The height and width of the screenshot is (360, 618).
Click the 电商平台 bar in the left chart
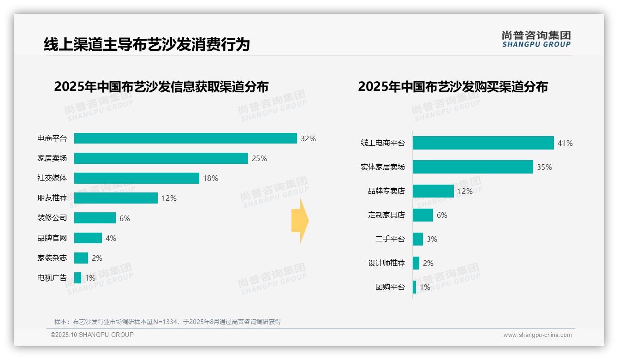point(185,138)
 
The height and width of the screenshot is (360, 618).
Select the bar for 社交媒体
point(137,178)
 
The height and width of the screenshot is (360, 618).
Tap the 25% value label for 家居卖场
point(259,158)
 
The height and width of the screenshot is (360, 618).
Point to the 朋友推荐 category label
point(52,198)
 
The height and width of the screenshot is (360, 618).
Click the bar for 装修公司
point(95,218)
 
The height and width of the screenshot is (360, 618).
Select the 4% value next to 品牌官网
point(111,238)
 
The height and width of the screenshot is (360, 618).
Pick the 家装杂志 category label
point(52,258)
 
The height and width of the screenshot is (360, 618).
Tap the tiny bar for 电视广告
point(77,278)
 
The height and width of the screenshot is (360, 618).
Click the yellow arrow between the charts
point(300,221)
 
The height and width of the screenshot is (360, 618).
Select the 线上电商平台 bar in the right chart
point(483,143)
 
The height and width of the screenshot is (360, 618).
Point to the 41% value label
point(565,144)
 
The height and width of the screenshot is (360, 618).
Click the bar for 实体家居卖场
point(473,167)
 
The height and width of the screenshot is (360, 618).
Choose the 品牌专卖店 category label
point(386,191)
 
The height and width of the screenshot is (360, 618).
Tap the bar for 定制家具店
point(423,215)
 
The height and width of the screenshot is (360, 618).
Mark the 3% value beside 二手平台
point(432,239)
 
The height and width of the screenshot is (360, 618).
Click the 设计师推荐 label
point(386,263)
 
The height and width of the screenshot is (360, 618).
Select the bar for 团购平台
point(414,287)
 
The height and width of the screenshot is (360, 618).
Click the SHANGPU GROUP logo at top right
point(536,39)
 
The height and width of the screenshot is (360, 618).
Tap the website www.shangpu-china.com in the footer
point(537,335)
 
